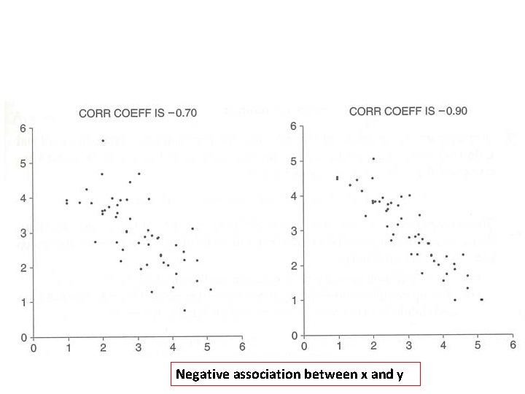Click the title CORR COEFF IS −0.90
(408, 112)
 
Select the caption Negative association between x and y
(288, 375)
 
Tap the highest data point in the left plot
(103, 141)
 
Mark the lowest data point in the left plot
(184, 310)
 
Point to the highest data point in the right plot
(373, 158)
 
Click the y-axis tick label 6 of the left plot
(23, 129)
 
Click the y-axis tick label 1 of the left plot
(23, 302)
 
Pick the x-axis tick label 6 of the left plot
(243, 347)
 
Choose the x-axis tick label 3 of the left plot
(138, 347)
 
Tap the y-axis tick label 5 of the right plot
(293, 161)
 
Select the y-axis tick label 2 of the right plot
(293, 265)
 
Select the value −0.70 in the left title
(182, 113)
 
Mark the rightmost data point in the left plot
(211, 290)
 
